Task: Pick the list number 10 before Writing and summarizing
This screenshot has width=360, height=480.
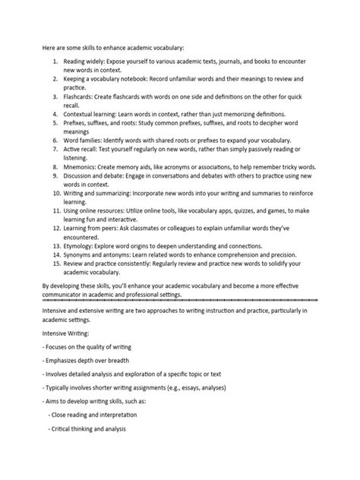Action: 54,193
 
